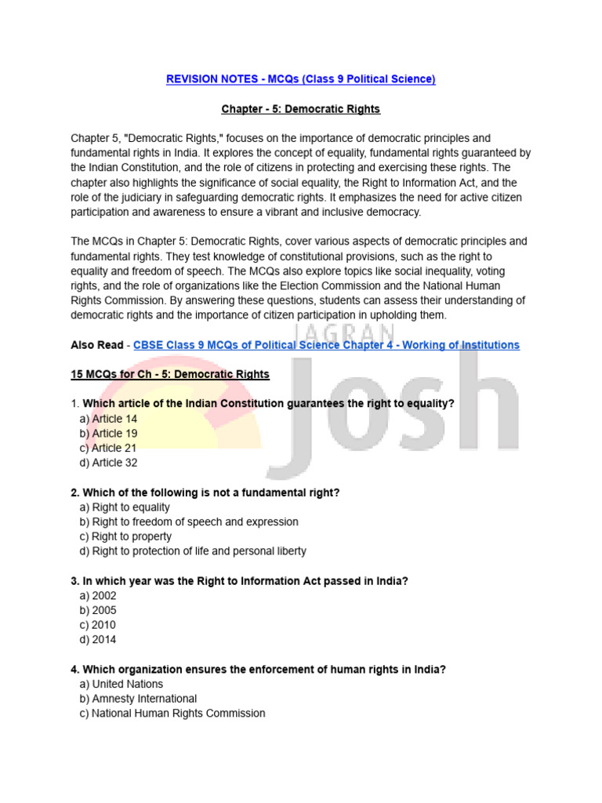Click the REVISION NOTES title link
[x=301, y=79]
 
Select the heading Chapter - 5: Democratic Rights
[x=301, y=109]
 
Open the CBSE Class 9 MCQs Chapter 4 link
[x=326, y=345]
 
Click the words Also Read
[x=97, y=345]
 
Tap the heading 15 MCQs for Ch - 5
[x=170, y=375]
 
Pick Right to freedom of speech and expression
[x=189, y=521]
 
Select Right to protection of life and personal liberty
[x=193, y=551]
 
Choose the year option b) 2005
[x=98, y=610]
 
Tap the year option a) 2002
[x=98, y=596]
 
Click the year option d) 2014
[x=98, y=640]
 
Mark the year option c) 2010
[x=98, y=625]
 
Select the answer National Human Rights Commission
[x=172, y=714]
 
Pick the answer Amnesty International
[x=138, y=699]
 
